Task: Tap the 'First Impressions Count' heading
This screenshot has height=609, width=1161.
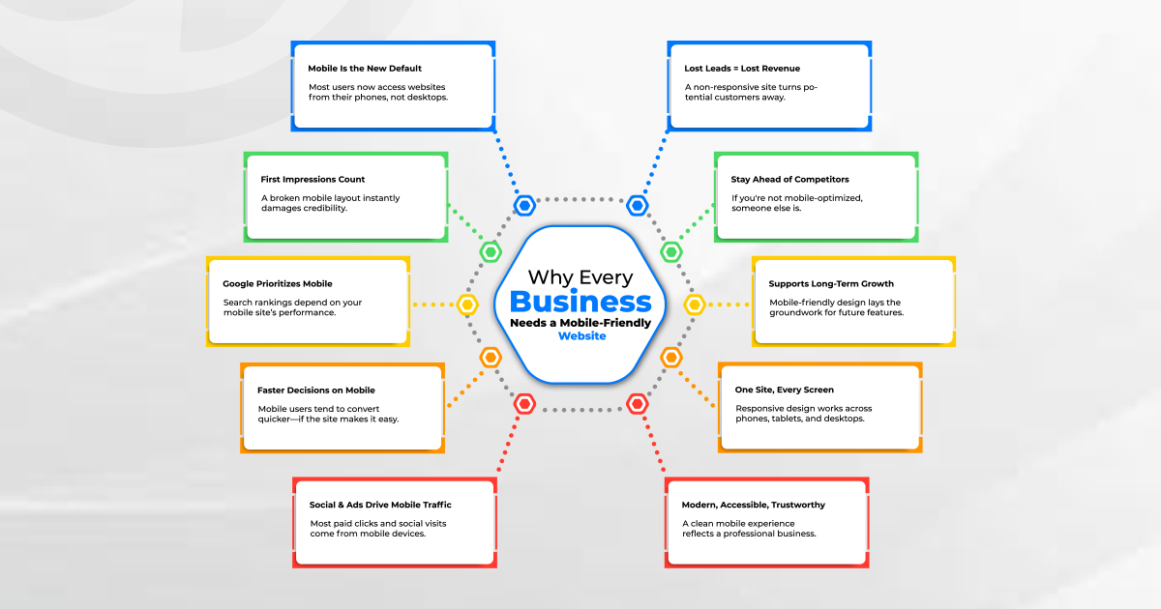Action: coord(313,180)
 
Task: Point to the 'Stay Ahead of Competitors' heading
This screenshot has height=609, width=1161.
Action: coord(789,180)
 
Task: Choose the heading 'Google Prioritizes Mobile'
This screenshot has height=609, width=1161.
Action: coord(277,284)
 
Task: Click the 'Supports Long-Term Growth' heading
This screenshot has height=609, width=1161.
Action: coord(831,284)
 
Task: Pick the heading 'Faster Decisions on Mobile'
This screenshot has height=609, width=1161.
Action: coord(316,391)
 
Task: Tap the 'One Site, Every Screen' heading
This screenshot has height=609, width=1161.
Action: coord(784,391)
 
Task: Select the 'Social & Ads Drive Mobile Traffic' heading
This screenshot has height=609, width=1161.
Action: coord(380,505)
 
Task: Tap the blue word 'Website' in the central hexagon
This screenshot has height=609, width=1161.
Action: coord(581,336)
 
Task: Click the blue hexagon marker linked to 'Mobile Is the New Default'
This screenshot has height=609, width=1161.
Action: coord(524,205)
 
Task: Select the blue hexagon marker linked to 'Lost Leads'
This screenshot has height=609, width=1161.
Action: coord(637,205)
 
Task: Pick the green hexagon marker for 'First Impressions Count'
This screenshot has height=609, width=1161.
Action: coord(491,252)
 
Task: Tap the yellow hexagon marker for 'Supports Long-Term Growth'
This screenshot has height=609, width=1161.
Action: coord(694,305)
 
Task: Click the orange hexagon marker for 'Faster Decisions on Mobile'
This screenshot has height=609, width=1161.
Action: coord(491,358)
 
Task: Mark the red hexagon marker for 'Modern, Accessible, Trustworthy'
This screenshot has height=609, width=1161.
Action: coord(637,404)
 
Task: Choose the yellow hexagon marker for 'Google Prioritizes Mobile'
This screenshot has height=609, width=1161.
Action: coord(468,305)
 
